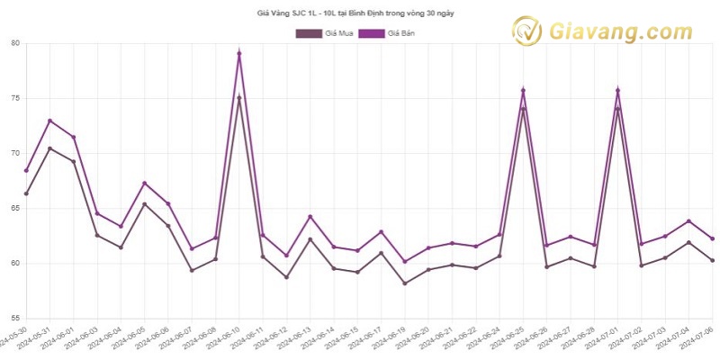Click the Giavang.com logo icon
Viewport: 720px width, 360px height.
tap(526, 31)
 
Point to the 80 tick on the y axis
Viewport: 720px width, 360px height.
tap(15, 42)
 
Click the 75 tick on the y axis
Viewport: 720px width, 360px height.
tap(15, 98)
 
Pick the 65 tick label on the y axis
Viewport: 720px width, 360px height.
tap(15, 208)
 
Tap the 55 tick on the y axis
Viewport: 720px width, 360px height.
tap(15, 319)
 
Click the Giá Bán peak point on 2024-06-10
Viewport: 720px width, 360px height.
tap(239, 53)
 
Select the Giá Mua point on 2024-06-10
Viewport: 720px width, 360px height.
tap(239, 97)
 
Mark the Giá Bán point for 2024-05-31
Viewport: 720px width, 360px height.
tap(49, 121)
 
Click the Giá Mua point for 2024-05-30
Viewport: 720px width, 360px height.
tap(26, 193)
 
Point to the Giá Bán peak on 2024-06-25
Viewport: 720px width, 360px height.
tap(523, 90)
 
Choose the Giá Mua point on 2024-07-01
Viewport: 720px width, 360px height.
tap(617, 109)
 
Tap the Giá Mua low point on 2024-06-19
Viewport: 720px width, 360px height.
tap(405, 283)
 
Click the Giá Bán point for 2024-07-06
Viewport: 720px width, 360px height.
tap(712, 238)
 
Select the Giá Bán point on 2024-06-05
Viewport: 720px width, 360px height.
tap(144, 184)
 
